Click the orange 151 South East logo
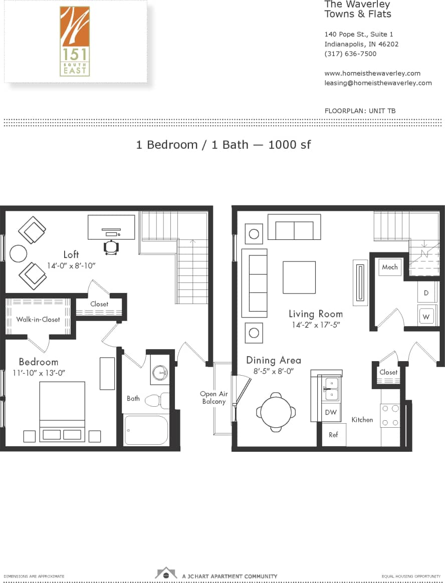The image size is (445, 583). tap(75, 41)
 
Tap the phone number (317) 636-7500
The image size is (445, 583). tap(350, 54)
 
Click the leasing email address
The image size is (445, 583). tap(378, 83)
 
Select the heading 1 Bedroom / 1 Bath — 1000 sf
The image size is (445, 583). tap(223, 145)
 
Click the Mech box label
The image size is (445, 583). tap(390, 267)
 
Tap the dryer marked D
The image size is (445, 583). tap(426, 293)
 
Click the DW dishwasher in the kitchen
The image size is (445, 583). tap(331, 412)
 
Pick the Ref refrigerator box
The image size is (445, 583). tap(334, 434)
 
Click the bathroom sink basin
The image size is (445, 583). tap(160, 373)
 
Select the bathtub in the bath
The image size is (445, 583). tap(146, 430)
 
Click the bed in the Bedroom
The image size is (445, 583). tap(62, 411)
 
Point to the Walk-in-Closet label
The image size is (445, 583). tap(38, 319)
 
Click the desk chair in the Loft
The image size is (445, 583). tap(111, 247)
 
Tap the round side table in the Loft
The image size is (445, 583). tap(18, 253)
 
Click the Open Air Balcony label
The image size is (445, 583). tap(213, 398)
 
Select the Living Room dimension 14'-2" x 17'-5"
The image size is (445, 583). tap(316, 325)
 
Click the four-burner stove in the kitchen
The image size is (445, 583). tap(390, 416)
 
